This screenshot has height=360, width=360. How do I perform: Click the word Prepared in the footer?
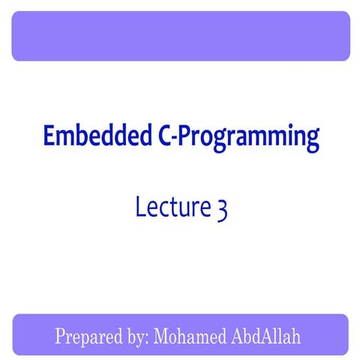pos(87,335)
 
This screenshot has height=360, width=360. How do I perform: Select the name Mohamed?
pos(187,335)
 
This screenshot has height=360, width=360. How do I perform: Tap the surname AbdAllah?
pos(265,335)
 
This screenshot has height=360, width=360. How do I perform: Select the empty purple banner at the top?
pos(180,36)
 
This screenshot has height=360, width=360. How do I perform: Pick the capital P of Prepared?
pos(61,335)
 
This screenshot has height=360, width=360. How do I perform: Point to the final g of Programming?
pos(313,141)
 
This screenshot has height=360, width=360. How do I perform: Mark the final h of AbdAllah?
pos(296,335)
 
